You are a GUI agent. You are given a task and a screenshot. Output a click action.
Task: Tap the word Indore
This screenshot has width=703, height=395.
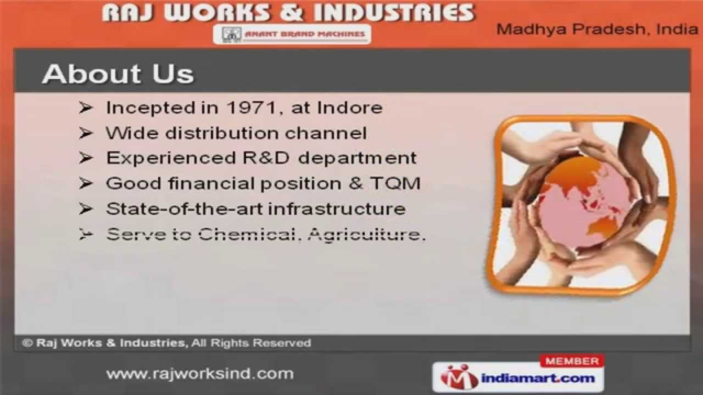click(x=350, y=108)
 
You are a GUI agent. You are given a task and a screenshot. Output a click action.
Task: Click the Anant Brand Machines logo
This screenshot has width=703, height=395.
click(x=292, y=34)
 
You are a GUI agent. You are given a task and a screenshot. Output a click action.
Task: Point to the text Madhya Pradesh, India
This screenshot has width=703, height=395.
click(x=597, y=30)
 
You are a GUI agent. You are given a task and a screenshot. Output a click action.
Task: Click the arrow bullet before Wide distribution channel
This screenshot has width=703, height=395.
click(x=86, y=133)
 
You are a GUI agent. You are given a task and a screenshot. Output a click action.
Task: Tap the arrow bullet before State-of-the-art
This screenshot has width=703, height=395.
click(x=86, y=209)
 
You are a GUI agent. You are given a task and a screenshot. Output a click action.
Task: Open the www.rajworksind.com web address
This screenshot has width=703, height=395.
click(x=200, y=374)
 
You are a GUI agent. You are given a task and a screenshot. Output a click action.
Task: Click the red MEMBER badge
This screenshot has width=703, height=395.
click(x=572, y=361)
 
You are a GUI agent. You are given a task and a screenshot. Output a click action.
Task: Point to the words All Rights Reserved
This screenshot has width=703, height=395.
click(x=252, y=343)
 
